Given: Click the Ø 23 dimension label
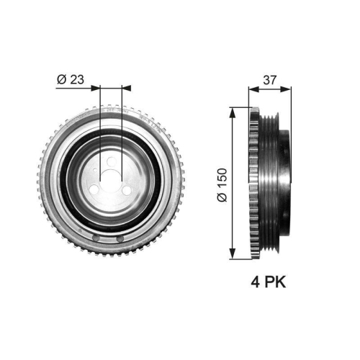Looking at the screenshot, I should tap(70, 79).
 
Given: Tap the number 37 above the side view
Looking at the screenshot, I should tap(270, 80).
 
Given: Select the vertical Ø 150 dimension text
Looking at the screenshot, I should tap(222, 182).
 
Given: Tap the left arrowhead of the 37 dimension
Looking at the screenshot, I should tap(252, 90).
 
